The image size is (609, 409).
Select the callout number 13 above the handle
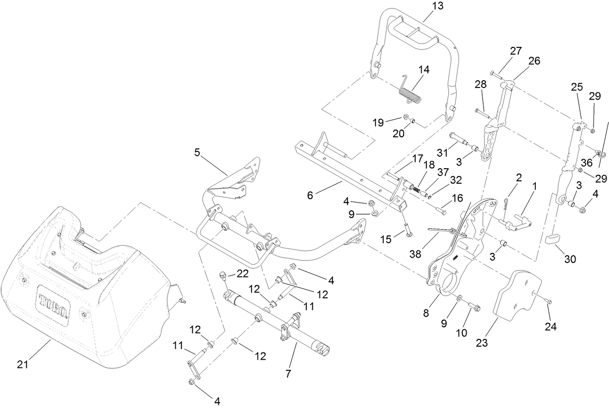pos(437,6)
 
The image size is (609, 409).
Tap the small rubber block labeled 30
pos(553,238)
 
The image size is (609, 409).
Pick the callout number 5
pos(197,153)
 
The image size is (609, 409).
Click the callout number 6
pos(310,195)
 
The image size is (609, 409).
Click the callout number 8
pos(426,313)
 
